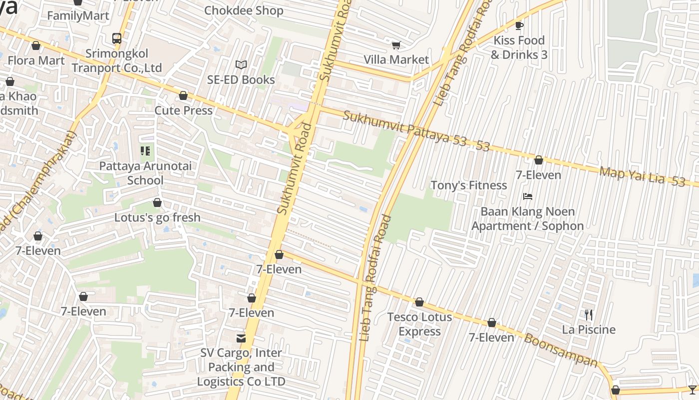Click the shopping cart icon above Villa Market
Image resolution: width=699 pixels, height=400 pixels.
click(x=396, y=45)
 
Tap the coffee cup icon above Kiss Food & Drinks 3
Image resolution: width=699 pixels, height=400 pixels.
click(x=519, y=25)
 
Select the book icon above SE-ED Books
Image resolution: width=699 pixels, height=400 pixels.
click(x=241, y=65)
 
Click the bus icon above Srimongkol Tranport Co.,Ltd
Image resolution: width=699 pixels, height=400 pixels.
click(x=116, y=38)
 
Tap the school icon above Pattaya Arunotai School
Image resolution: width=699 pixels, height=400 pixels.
click(x=145, y=150)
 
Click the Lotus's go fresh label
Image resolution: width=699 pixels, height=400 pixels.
click(x=157, y=217)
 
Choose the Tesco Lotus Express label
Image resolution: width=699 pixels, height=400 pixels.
click(x=419, y=324)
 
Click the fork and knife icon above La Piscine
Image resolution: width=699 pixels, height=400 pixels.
click(x=589, y=314)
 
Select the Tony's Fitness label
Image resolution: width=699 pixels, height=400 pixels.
click(x=468, y=185)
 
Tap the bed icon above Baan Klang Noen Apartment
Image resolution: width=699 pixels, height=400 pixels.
click(x=528, y=196)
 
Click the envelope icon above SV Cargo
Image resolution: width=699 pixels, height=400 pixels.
click(x=241, y=338)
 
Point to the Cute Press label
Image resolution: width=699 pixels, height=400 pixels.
click(x=184, y=110)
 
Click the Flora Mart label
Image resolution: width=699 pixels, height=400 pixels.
click(x=36, y=60)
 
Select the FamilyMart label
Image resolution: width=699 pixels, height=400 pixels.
click(x=78, y=15)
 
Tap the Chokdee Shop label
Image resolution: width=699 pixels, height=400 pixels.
click(x=244, y=10)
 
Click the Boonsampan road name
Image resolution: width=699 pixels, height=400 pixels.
click(x=560, y=349)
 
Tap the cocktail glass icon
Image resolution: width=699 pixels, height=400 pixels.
click(x=692, y=389)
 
